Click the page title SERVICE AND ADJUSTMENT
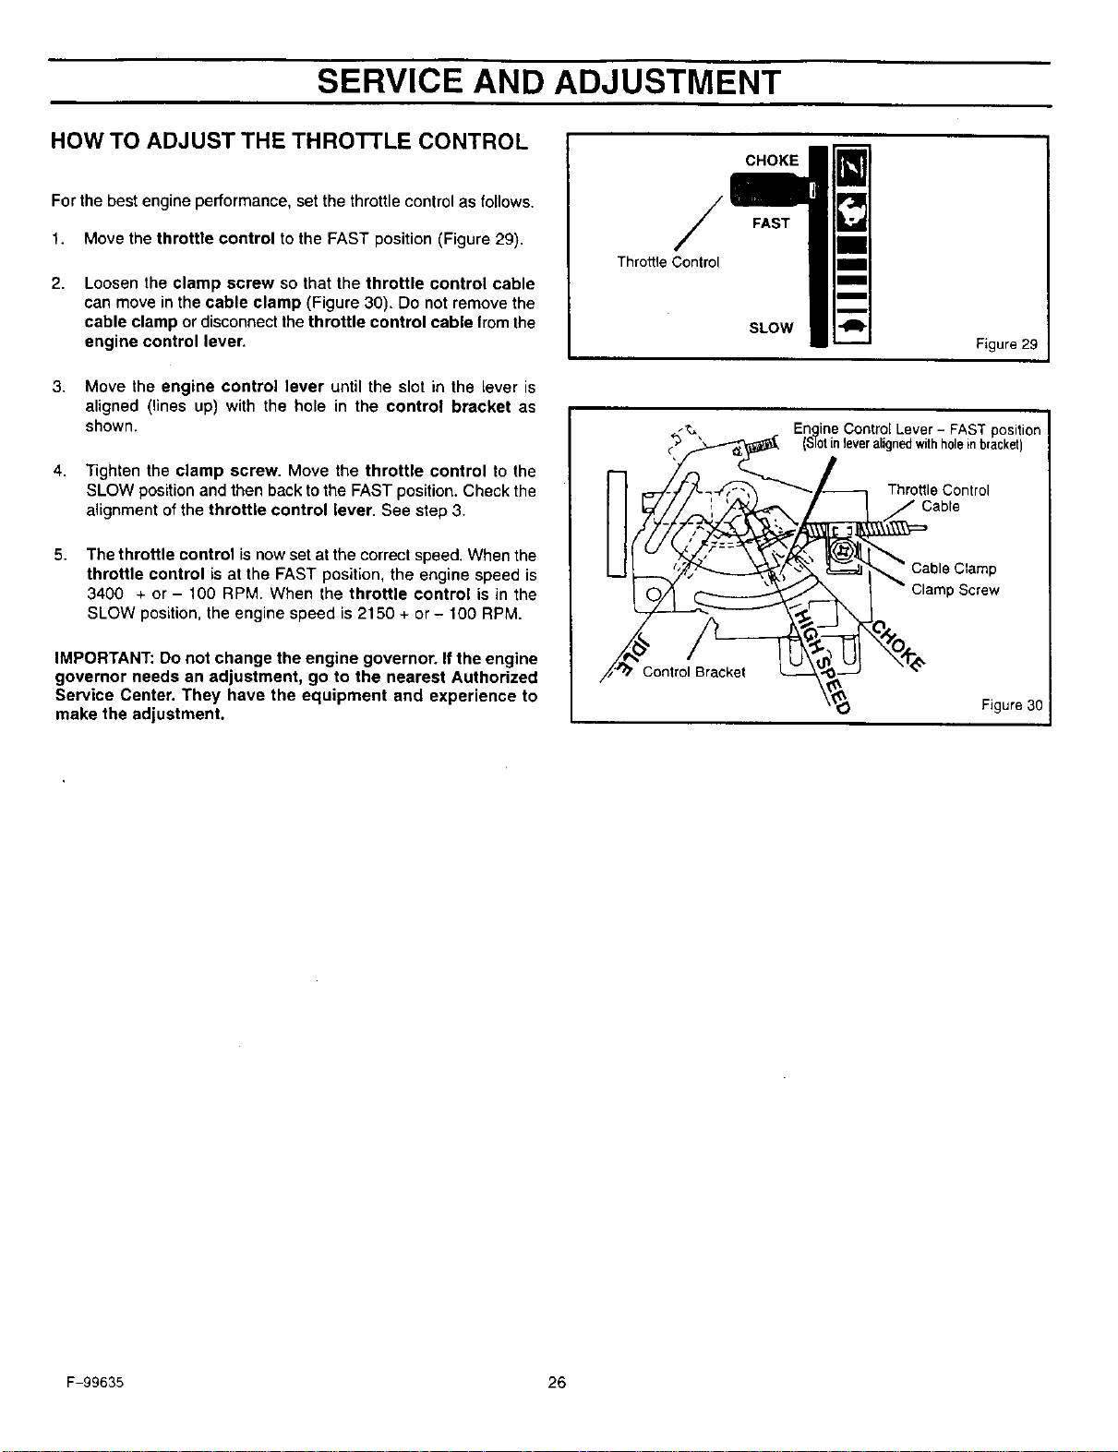coord(548,83)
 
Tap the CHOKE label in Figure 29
coord(772,161)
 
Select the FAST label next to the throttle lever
coord(771,223)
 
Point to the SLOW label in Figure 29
coord(771,328)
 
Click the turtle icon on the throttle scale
coord(851,327)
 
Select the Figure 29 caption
coord(1006,344)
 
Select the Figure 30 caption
coord(1012,704)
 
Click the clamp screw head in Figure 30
coord(842,550)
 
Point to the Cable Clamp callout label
coord(954,569)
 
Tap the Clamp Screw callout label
coord(955,590)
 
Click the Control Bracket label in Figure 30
coord(693,672)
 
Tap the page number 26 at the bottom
coord(557,1381)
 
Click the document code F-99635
coord(95,1382)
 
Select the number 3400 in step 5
coord(105,594)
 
